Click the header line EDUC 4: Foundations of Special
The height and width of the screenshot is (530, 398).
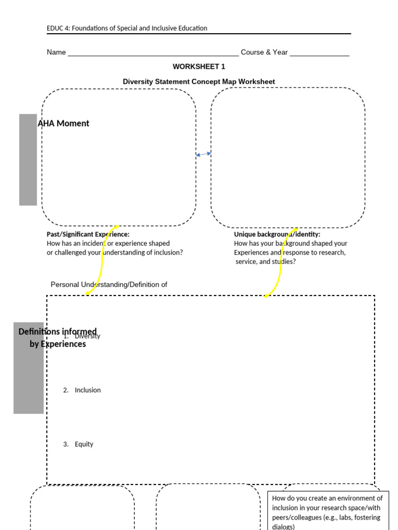[x=127, y=28]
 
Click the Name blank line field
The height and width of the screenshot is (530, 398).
[x=153, y=53]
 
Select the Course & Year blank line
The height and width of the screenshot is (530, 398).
[x=319, y=53]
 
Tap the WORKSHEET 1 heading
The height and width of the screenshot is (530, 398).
[x=199, y=67]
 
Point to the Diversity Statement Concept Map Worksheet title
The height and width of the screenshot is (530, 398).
[x=199, y=82]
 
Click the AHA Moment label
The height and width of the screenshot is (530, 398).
[x=63, y=123]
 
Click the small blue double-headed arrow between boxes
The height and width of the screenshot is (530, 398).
[x=204, y=154]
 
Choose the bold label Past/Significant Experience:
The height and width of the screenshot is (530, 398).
[x=88, y=234]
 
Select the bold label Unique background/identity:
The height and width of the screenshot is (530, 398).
[x=277, y=234]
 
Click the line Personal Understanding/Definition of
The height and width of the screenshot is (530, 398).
[x=109, y=285]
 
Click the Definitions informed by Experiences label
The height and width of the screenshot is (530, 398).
[x=57, y=337]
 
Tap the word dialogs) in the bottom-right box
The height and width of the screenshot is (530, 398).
[x=283, y=526]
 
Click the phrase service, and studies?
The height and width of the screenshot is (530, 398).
[x=266, y=262]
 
